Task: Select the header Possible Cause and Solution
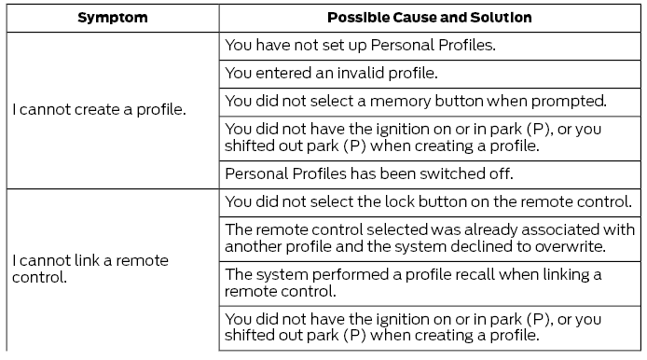pos(430,18)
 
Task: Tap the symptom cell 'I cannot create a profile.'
pos(99,109)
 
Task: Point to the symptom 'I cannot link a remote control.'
pos(90,269)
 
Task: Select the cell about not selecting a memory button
pos(416,100)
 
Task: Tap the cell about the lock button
pos(429,201)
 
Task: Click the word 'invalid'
pos(353,73)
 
